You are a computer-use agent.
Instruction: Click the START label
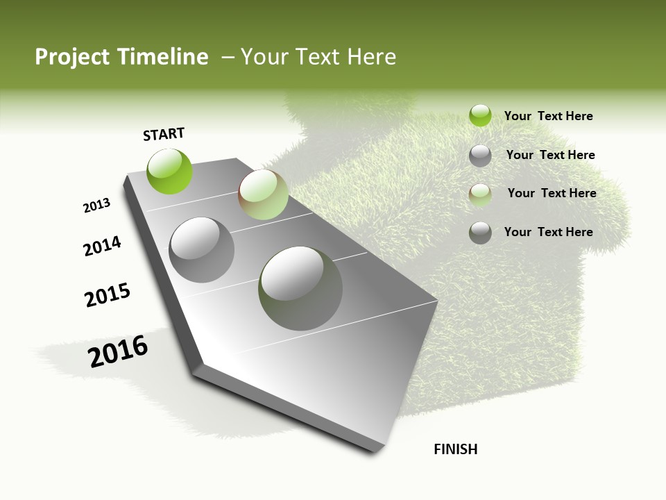(164, 134)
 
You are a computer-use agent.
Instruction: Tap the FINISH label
(456, 449)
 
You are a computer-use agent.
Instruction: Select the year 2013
(96, 206)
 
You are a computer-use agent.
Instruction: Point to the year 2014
(102, 246)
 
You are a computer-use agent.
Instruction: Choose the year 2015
(108, 296)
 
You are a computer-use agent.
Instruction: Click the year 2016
(118, 351)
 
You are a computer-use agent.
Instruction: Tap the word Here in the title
(372, 57)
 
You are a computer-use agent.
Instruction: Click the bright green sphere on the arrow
(169, 171)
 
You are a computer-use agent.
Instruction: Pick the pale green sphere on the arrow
(263, 194)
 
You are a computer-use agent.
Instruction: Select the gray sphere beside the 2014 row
(201, 249)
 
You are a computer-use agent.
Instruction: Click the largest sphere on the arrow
(300, 287)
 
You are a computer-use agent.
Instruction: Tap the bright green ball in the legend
(480, 115)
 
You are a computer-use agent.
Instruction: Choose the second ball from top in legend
(480, 156)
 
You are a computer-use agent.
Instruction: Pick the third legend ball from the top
(480, 194)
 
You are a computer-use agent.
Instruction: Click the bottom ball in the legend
(480, 233)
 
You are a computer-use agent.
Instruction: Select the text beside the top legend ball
(548, 116)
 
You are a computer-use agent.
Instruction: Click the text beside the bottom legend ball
(548, 231)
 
